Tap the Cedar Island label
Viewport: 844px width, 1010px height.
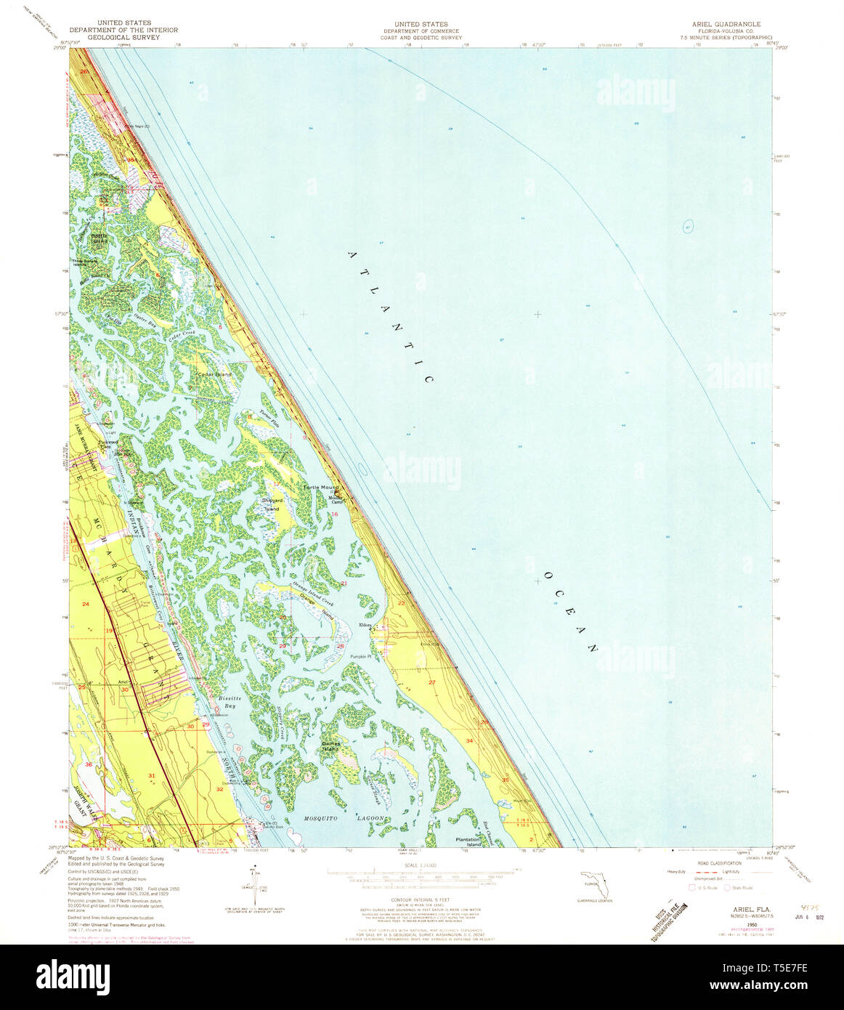tap(214, 374)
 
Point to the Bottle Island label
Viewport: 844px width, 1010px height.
tap(99, 238)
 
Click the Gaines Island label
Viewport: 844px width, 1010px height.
tap(331, 746)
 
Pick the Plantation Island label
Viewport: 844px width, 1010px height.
tap(468, 842)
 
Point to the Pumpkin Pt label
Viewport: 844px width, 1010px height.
tap(361, 657)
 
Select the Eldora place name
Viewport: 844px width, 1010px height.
tap(365, 624)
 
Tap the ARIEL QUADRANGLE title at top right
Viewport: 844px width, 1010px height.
tap(726, 24)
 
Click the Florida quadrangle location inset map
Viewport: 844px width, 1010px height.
tap(595, 886)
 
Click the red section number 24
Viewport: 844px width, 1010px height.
tap(85, 605)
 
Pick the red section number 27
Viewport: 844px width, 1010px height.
tap(431, 682)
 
